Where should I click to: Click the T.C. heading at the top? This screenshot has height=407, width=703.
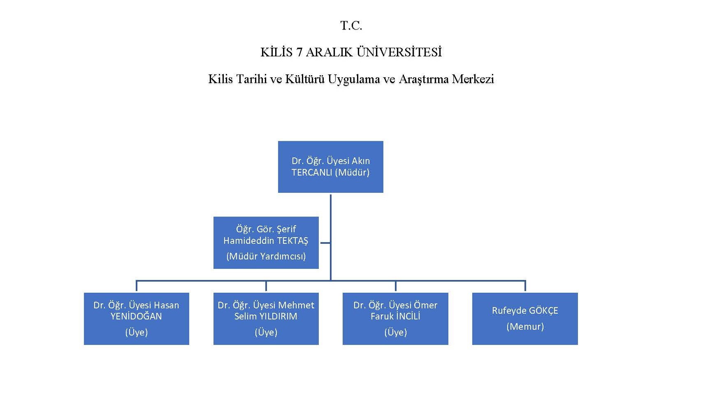click(x=351, y=26)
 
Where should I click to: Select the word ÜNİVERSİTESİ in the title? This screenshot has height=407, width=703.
click(x=399, y=52)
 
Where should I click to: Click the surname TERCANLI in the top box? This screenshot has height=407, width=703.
click(x=312, y=173)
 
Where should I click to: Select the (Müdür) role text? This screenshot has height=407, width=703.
click(x=353, y=173)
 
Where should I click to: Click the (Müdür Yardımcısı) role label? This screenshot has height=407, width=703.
click(x=266, y=257)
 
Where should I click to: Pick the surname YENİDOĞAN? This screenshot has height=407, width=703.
click(x=136, y=317)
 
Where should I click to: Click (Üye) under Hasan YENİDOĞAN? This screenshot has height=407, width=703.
click(x=136, y=332)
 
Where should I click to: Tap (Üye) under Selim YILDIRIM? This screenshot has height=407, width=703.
click(x=266, y=332)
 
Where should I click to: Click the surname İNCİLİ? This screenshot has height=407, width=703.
click(x=408, y=317)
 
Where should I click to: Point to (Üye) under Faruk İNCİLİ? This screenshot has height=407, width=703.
click(x=395, y=332)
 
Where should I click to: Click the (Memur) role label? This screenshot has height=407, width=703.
click(x=525, y=327)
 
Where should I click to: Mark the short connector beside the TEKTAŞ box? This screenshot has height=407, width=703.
click(x=325, y=243)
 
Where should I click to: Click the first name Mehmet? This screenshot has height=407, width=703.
click(x=296, y=305)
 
